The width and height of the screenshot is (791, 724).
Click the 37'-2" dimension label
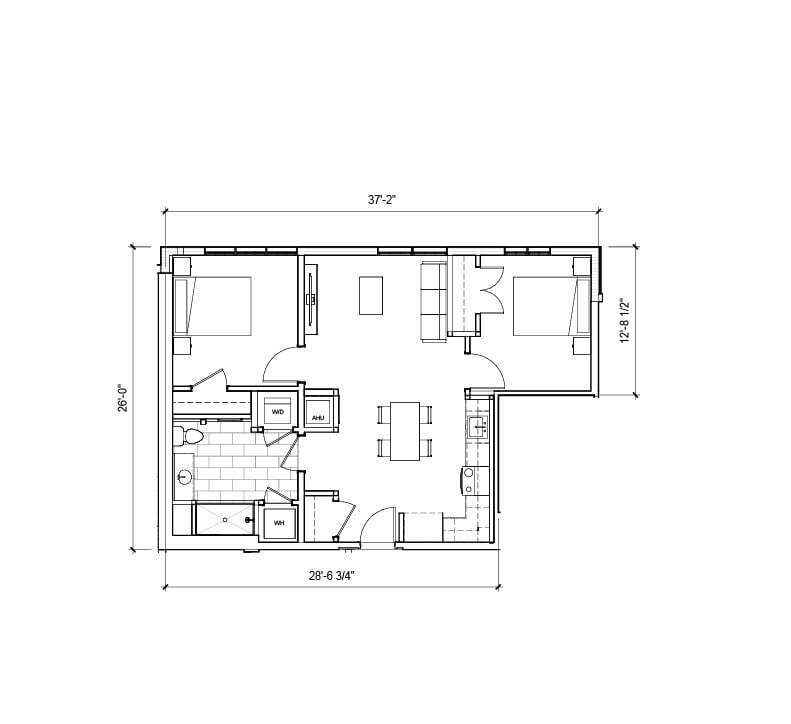point(382,199)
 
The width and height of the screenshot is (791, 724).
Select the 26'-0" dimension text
point(123,398)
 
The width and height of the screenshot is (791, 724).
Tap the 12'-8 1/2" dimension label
point(624,320)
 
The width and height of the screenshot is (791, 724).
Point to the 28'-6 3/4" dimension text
point(331,575)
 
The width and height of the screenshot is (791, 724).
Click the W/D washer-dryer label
point(279,411)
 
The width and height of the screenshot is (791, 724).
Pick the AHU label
point(318,417)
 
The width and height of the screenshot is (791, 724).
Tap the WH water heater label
point(279,522)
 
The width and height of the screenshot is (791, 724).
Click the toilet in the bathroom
point(190,436)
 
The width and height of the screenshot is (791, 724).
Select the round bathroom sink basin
point(184,477)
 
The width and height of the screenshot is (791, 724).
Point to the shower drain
point(224,520)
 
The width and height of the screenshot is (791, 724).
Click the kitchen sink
point(477,428)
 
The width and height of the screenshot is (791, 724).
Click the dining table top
point(405,431)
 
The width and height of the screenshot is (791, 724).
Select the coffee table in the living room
point(371,295)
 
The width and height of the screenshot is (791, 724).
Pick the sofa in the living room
point(433,300)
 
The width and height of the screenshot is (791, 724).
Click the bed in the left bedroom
point(213,306)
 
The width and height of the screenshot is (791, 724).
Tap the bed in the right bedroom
point(546,306)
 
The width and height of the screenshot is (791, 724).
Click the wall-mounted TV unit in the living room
point(312,297)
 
